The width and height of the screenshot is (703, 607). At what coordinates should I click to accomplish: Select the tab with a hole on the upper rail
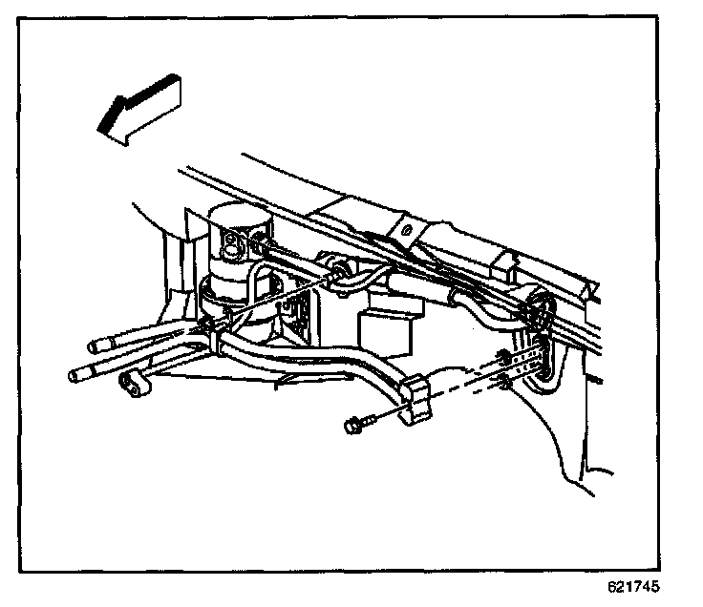pos(405,228)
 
